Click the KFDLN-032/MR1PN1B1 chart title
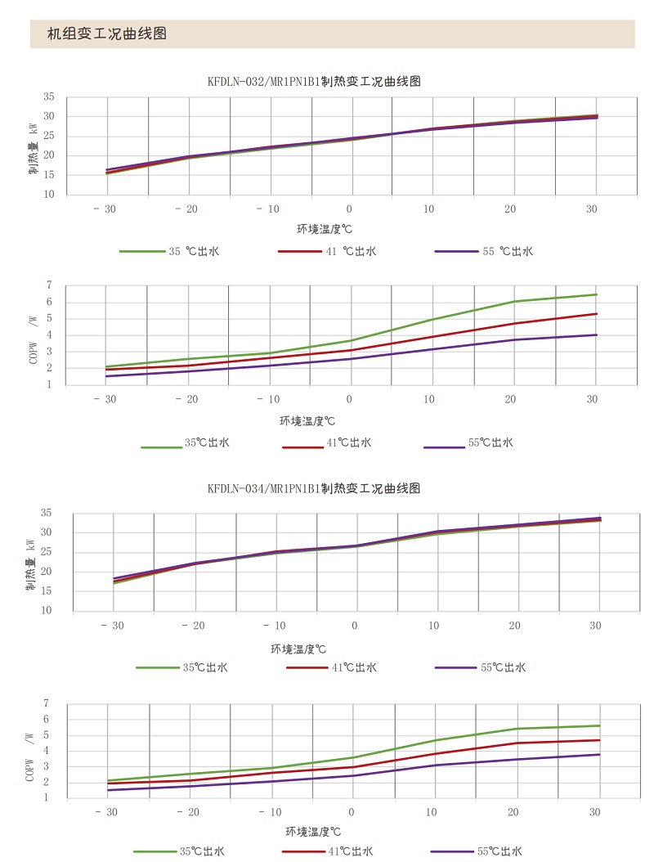(x=314, y=81)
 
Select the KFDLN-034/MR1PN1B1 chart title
(x=314, y=488)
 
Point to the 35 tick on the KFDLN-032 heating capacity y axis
(x=48, y=97)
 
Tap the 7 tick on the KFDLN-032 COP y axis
(x=49, y=285)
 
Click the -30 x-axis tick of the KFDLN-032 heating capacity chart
(x=105, y=209)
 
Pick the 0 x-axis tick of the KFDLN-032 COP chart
(x=349, y=399)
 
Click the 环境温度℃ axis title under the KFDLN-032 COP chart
(x=308, y=421)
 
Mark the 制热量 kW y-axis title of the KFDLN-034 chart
(x=31, y=563)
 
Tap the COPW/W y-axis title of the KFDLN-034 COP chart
(x=31, y=751)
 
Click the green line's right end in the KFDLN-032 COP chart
(x=597, y=294)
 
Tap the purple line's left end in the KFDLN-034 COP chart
(x=108, y=790)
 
